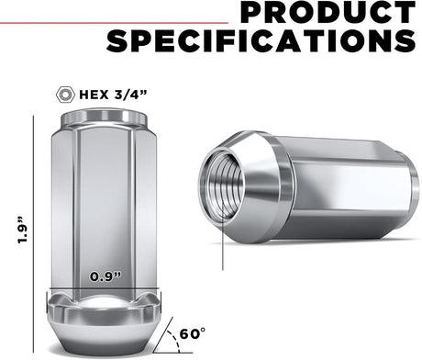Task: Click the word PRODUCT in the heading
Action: [328, 12]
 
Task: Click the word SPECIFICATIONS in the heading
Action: [261, 40]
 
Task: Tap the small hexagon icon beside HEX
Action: [65, 95]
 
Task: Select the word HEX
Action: [94, 95]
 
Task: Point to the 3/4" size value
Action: [130, 95]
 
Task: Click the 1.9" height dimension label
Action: [23, 231]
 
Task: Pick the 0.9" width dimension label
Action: [105, 276]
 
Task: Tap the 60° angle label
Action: [193, 333]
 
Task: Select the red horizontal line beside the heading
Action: [114, 23]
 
